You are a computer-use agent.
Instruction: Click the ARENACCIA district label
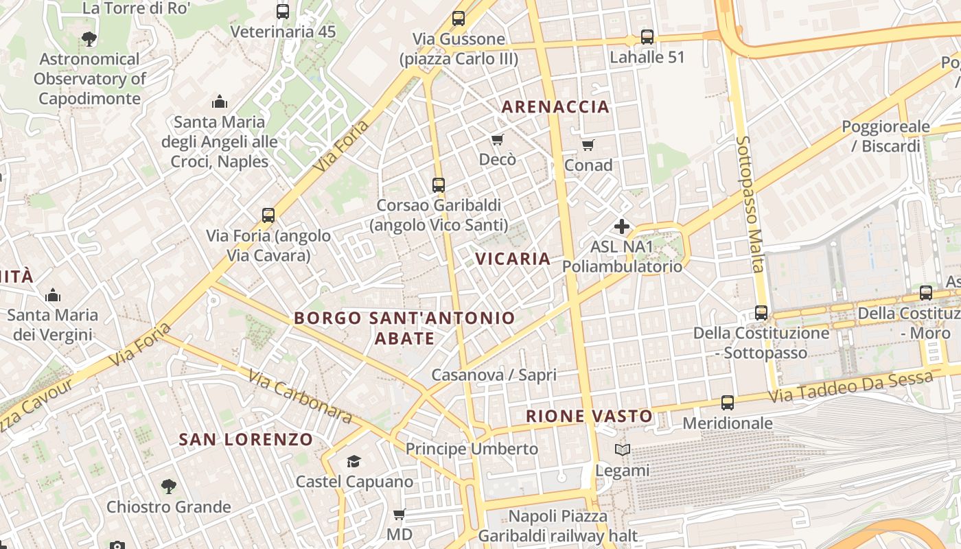pyautogui.click(x=555, y=106)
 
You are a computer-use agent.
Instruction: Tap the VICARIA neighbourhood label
pyautogui.click(x=513, y=259)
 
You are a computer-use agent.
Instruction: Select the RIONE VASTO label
pyautogui.click(x=589, y=416)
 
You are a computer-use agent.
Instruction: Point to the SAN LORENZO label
pyautogui.click(x=246, y=439)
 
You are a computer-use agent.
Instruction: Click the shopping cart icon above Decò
pyautogui.click(x=498, y=139)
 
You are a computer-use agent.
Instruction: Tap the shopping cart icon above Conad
pyautogui.click(x=588, y=145)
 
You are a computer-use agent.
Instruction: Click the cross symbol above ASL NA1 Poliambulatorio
pyautogui.click(x=622, y=226)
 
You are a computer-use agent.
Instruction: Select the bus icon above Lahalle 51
pyautogui.click(x=647, y=36)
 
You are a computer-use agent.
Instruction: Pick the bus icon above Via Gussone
pyautogui.click(x=459, y=19)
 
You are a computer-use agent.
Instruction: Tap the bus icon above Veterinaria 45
pyautogui.click(x=283, y=12)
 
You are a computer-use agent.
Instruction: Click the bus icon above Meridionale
pyautogui.click(x=728, y=403)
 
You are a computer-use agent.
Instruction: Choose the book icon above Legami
pyautogui.click(x=623, y=450)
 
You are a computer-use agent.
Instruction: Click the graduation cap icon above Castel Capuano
pyautogui.click(x=354, y=461)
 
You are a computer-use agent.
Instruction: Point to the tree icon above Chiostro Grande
pyautogui.click(x=169, y=487)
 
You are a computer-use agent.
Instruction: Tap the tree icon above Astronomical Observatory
pyautogui.click(x=89, y=38)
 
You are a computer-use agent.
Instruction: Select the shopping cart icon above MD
pyautogui.click(x=399, y=514)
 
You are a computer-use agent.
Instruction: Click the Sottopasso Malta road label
pyautogui.click(x=750, y=204)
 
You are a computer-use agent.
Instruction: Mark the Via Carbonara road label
pyautogui.click(x=300, y=397)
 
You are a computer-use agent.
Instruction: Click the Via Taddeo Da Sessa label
pyautogui.click(x=850, y=387)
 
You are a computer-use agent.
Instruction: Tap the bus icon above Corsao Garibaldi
pyautogui.click(x=439, y=185)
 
